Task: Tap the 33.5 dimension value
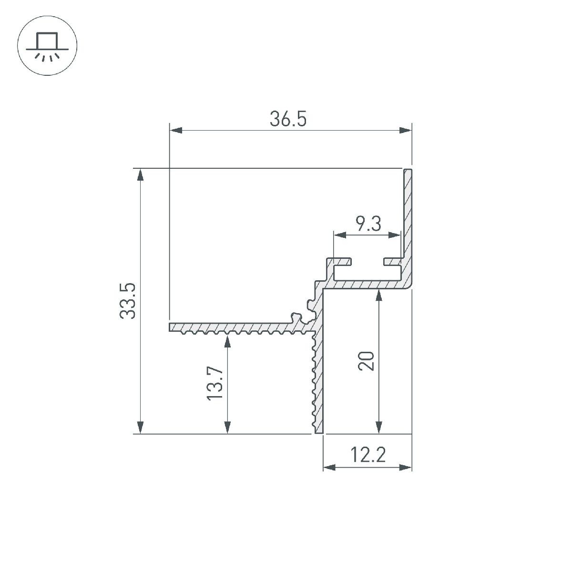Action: point(128,301)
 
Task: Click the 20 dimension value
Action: point(366,361)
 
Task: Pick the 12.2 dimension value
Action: point(368,455)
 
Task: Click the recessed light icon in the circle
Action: point(47,46)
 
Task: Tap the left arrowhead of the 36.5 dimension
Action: point(176,130)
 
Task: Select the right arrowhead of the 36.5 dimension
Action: point(406,130)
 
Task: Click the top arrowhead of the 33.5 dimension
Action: point(141,174)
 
